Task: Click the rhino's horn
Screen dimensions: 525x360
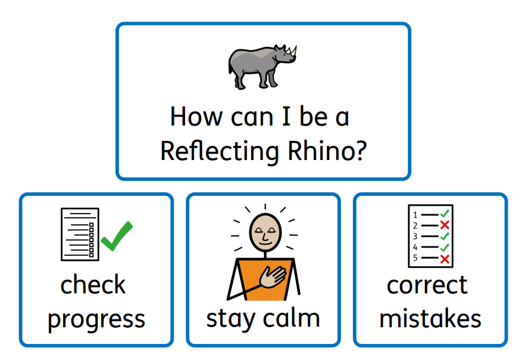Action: click(x=293, y=51)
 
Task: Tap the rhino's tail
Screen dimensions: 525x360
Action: click(x=230, y=66)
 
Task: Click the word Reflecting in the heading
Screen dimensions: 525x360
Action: click(x=220, y=151)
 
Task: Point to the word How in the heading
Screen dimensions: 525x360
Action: click(x=196, y=117)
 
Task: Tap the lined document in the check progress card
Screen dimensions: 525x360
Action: click(x=80, y=234)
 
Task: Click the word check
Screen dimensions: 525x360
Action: click(x=93, y=284)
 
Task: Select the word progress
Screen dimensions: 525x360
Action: click(x=96, y=320)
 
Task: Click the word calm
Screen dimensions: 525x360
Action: click(x=291, y=318)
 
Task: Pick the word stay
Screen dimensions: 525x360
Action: click(x=231, y=320)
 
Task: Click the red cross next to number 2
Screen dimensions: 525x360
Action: click(x=445, y=225)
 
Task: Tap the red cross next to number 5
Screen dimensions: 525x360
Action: click(x=445, y=259)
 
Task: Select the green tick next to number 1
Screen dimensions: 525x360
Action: click(x=445, y=213)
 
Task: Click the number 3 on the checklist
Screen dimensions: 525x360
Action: click(x=415, y=236)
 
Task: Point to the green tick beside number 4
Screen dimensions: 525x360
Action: click(x=445, y=248)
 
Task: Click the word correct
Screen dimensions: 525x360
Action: click(x=427, y=286)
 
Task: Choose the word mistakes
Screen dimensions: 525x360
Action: click(x=430, y=318)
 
